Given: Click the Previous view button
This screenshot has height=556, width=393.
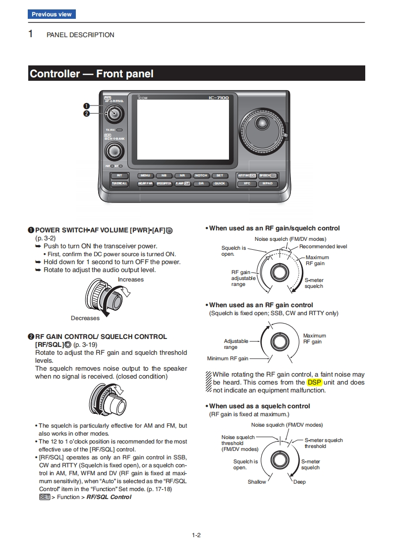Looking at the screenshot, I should (52, 14).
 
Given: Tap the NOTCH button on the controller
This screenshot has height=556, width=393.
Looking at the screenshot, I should (201, 175).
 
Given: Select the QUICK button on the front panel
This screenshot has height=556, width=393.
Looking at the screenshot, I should (219, 183).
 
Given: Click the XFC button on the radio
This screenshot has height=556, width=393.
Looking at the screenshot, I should (246, 183).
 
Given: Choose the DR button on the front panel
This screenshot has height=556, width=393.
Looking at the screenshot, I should (201, 183).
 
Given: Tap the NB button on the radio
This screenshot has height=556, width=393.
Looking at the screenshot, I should (164, 175).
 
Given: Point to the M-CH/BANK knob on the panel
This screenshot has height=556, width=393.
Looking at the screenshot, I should (114, 151).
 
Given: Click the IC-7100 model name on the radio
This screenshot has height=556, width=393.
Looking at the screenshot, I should (219, 98).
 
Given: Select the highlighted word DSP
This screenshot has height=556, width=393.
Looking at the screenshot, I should (314, 383).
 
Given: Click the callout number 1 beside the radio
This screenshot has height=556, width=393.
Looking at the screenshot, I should (86, 106).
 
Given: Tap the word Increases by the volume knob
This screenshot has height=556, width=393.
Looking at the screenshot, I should (131, 279).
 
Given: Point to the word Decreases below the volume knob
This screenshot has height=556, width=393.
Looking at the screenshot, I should (85, 318).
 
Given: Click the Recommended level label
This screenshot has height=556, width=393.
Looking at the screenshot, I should (323, 246).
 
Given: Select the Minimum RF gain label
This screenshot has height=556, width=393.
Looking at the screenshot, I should (227, 358).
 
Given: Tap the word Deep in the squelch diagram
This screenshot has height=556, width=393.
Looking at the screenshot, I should (299, 482).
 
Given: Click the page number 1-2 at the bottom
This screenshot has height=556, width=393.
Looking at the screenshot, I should (196, 535).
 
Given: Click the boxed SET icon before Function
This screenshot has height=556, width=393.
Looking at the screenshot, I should (44, 497).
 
